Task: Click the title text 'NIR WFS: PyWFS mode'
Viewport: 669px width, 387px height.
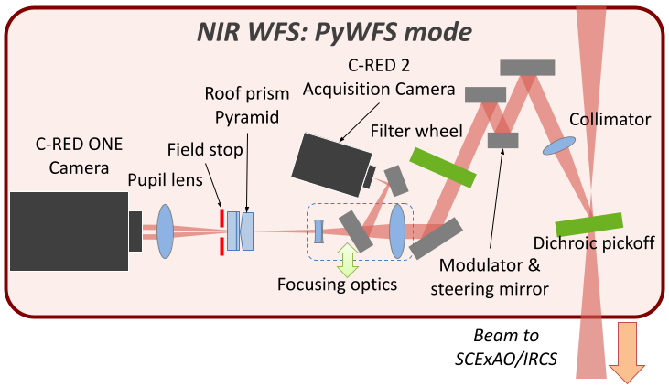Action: [x=334, y=33]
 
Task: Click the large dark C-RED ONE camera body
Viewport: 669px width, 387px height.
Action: [x=69, y=231]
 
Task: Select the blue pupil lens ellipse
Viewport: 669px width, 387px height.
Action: [x=166, y=231]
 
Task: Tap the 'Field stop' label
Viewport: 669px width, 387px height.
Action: [x=200, y=149]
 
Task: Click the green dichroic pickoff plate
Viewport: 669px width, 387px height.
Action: [x=588, y=223]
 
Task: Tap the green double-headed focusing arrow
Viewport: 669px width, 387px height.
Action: [x=347, y=259]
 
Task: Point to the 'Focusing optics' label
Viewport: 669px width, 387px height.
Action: [x=338, y=285]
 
